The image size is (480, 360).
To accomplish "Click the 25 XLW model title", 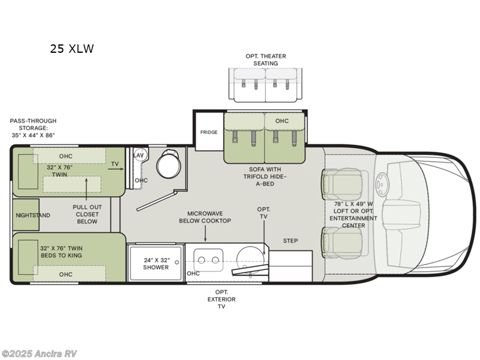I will coord(72,49).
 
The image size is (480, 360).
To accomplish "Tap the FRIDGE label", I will coord(208,132).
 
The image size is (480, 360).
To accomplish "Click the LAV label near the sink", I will coord(139,155).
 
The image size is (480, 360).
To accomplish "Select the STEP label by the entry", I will coord(290,241).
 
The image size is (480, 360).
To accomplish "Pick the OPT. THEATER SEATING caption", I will coord(265,59).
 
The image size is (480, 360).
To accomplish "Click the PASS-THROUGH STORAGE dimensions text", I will coord(32,128).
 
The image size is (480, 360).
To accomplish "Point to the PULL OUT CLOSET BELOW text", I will coord(87,214).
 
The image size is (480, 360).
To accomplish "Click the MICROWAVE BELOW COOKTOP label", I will coord(205,217).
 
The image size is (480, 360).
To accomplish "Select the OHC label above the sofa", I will coord(282,121).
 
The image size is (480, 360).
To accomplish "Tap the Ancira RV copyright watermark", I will coord(39,353).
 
